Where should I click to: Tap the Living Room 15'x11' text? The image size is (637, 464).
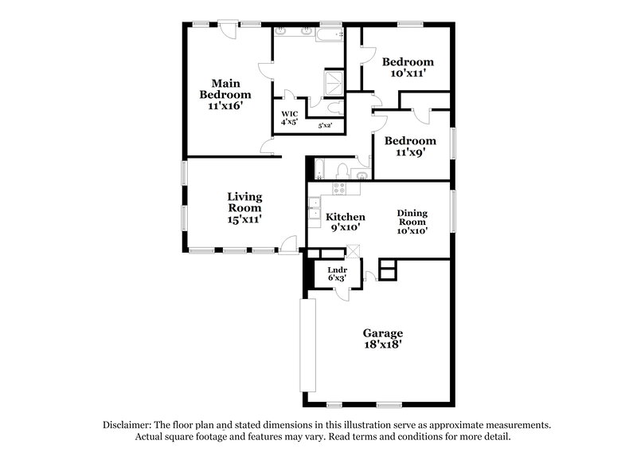(244, 206)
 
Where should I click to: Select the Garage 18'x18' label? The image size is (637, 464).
(383, 339)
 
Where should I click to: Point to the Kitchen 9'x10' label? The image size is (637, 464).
(346, 222)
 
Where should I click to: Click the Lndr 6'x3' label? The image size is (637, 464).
(337, 274)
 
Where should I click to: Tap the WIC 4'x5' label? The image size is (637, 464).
(288, 117)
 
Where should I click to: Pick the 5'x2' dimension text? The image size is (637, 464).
(325, 125)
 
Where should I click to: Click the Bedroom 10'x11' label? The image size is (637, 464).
(408, 67)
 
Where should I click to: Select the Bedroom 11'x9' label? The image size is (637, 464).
(410, 147)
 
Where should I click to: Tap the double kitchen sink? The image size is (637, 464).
(314, 214)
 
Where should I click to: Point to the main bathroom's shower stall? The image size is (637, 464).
(333, 82)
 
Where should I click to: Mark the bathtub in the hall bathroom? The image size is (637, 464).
(321, 170)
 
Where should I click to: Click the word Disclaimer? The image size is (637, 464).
(128, 426)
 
